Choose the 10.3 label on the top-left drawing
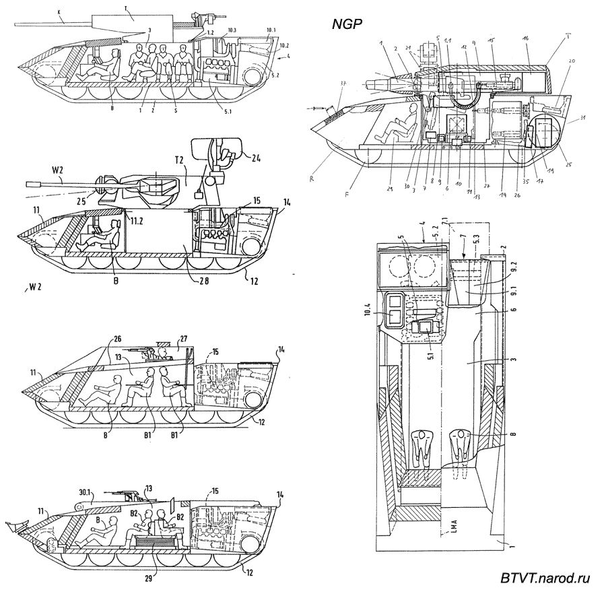[232, 31]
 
